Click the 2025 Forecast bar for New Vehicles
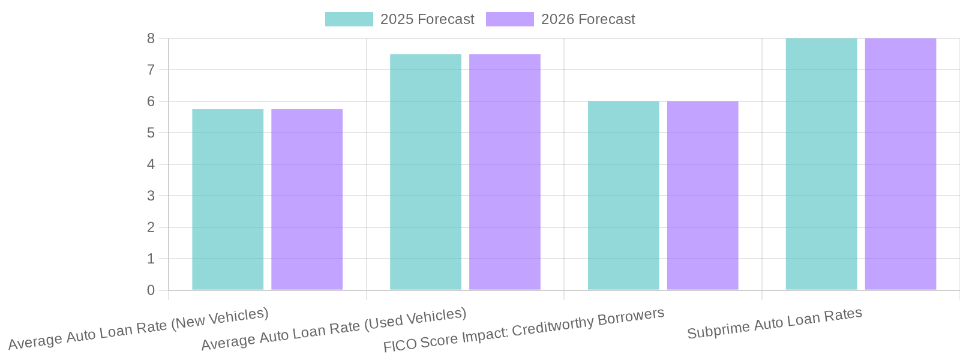[x=227, y=200]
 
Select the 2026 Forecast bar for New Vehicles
[x=307, y=200]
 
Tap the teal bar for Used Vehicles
[x=425, y=172]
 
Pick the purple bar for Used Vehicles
[x=505, y=172]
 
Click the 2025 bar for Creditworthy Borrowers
[x=623, y=196]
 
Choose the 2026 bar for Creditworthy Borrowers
[x=703, y=196]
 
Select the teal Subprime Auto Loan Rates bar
[x=821, y=164]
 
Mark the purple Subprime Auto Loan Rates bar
[x=901, y=164]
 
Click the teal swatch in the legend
[x=349, y=19]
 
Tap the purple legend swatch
[x=509, y=19]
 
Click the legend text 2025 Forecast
[x=427, y=19]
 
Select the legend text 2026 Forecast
[x=588, y=19]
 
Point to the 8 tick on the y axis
[x=151, y=38]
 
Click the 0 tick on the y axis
[x=151, y=290]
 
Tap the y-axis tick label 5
[x=151, y=133]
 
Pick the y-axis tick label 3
[x=151, y=196]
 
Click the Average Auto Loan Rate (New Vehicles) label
[x=138, y=329]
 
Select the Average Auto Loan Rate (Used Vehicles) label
[x=334, y=329]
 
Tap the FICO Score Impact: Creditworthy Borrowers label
[x=524, y=330]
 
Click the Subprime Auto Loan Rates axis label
[x=775, y=323]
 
